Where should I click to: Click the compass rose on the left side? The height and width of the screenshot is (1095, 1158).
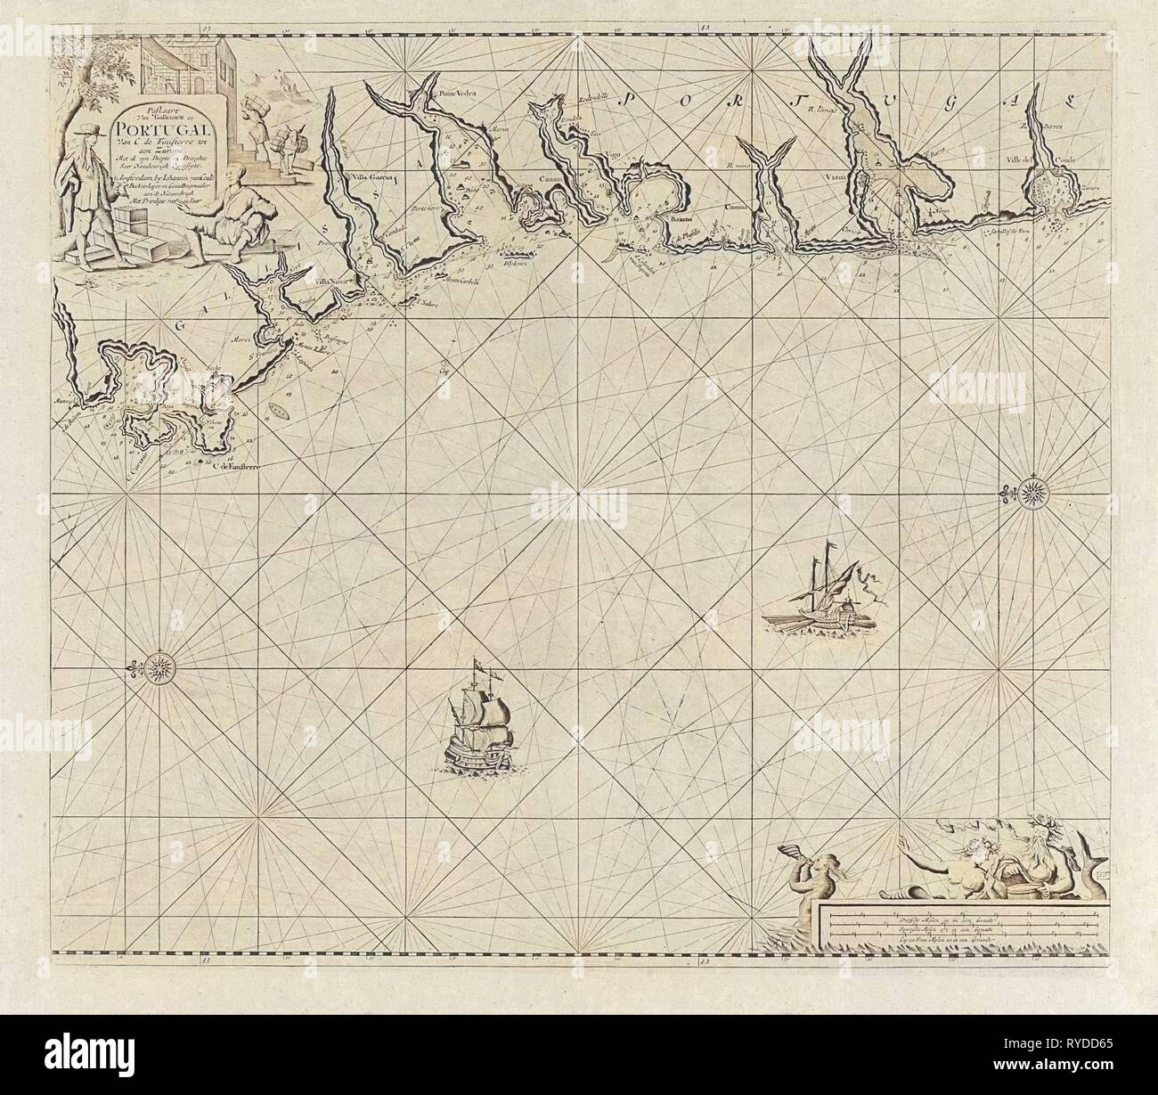pyautogui.click(x=160, y=665)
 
